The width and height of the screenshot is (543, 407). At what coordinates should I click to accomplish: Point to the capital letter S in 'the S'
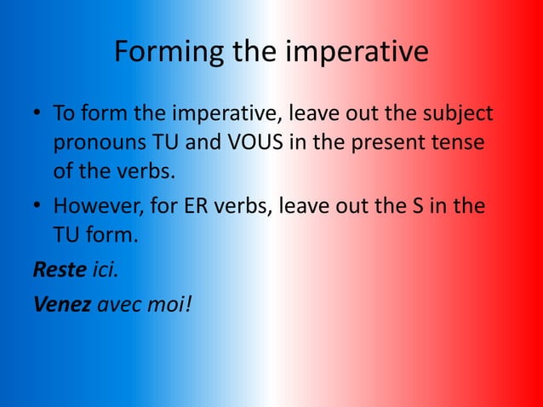click(x=422, y=205)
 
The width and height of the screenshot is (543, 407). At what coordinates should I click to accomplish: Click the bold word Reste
click(x=59, y=270)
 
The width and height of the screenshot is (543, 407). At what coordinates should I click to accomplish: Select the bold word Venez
click(x=61, y=304)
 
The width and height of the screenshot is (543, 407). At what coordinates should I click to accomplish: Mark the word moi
click(x=165, y=304)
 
